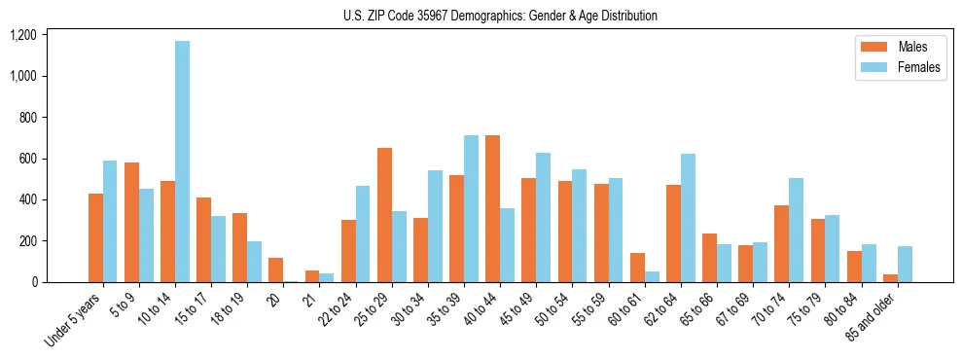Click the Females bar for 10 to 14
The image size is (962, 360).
[x=182, y=162]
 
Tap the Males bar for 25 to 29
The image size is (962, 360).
[x=384, y=215]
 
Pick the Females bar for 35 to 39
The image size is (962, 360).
[x=471, y=209]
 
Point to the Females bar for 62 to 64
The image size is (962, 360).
[x=688, y=218]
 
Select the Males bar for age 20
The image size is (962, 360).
[x=275, y=270]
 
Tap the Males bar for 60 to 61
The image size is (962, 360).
[x=637, y=268]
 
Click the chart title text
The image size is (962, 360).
[x=500, y=16]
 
